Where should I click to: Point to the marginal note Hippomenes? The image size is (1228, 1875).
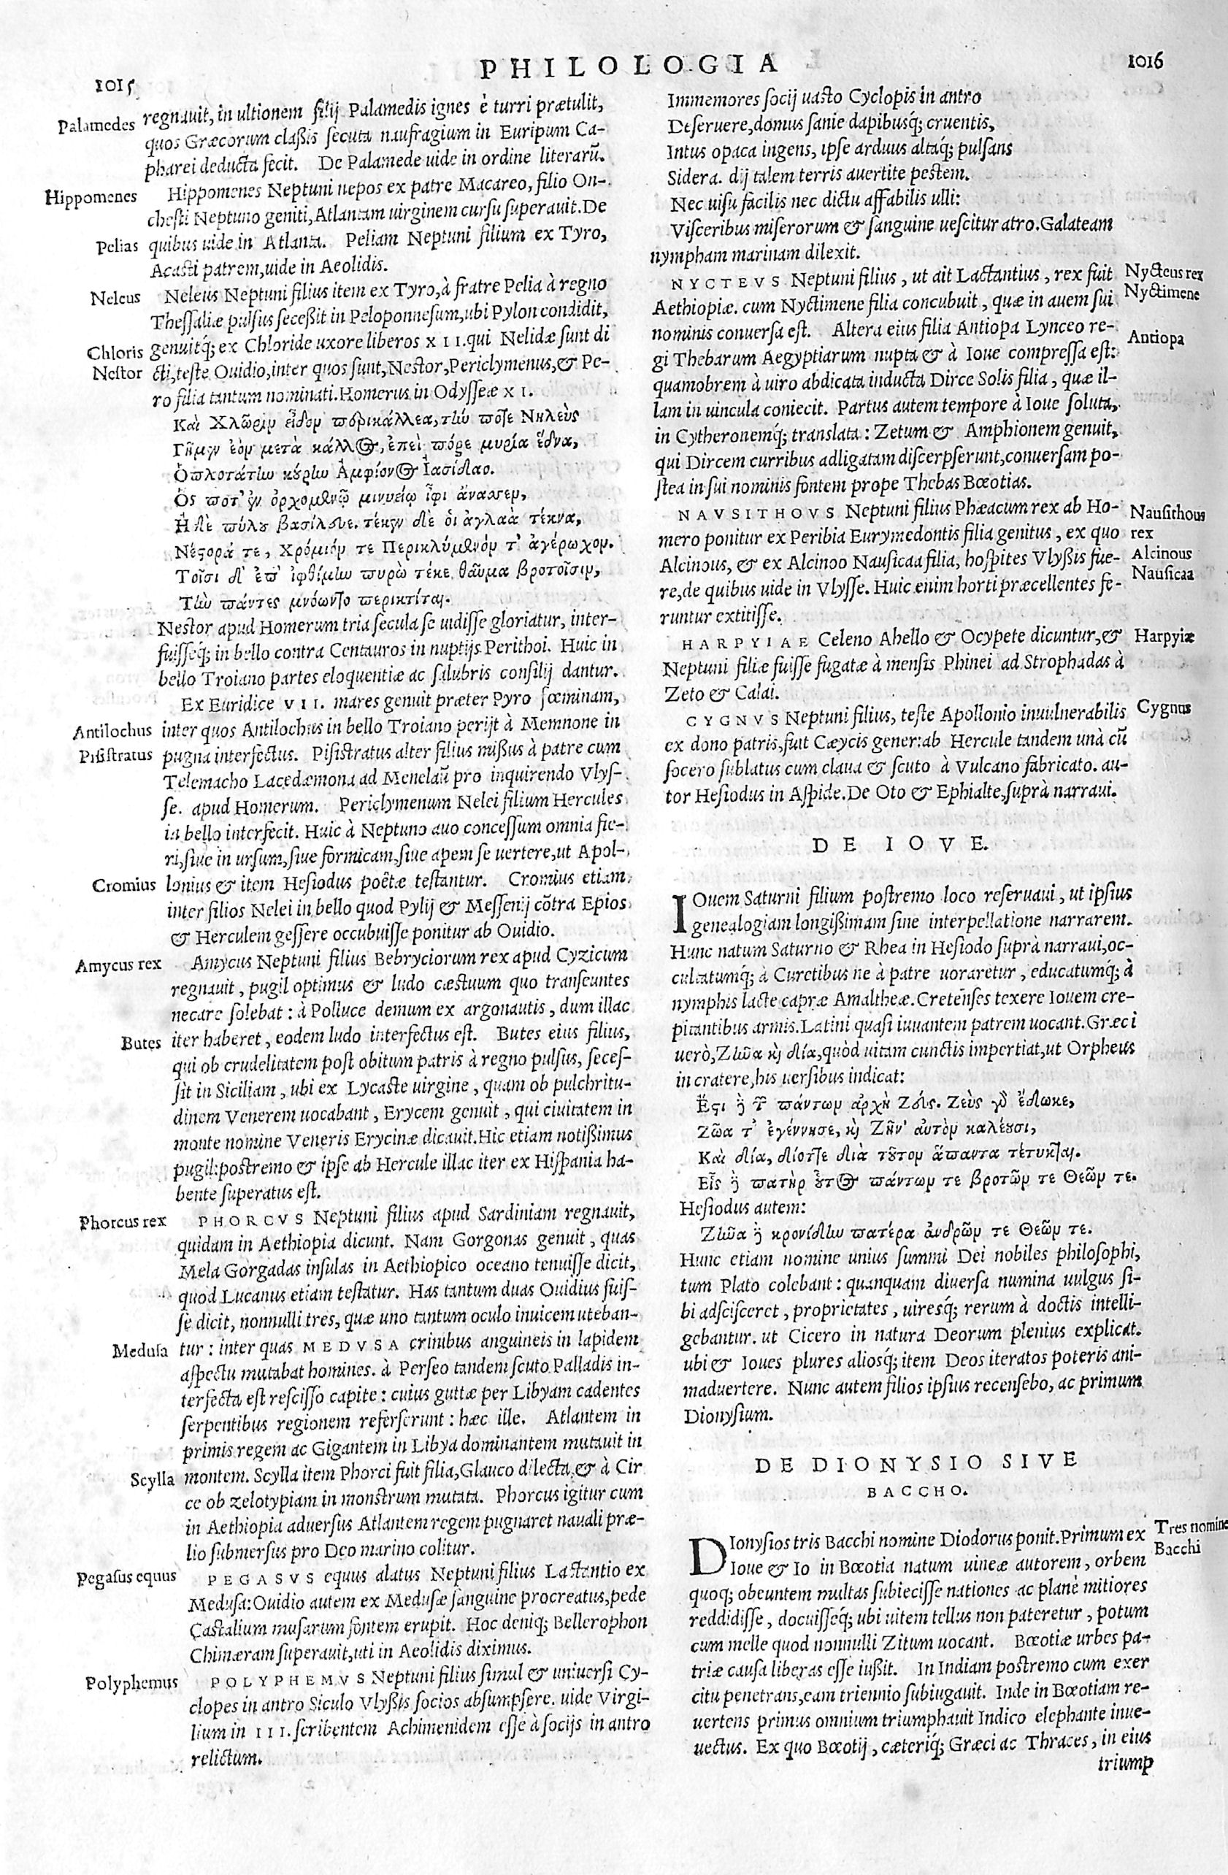92,197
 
